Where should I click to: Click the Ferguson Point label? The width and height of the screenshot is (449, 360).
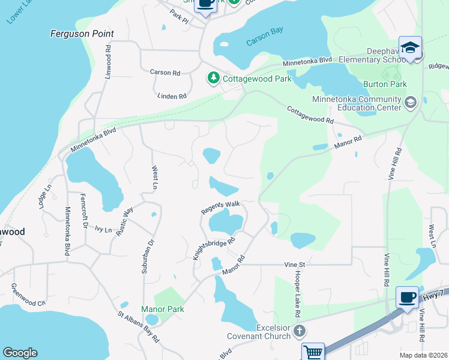[x=82, y=34]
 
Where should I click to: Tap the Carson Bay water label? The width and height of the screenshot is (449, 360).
[x=264, y=42]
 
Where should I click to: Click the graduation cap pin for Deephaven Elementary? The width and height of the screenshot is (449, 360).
[x=410, y=47]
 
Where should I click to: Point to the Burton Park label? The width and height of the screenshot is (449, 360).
[x=385, y=84]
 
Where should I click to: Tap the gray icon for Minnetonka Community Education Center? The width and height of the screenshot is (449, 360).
[x=411, y=101]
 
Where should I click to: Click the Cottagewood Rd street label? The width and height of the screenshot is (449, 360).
[x=310, y=116]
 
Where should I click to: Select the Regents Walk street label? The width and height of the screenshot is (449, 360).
[x=220, y=208]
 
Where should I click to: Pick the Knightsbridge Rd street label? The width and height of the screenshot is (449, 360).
[x=212, y=247]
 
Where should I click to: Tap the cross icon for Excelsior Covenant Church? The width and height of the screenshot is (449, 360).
[x=300, y=331]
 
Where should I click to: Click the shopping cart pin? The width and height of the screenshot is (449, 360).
[x=313, y=352]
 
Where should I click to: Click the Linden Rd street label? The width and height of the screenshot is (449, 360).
[x=172, y=96]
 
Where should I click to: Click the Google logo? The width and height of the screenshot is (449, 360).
[x=20, y=353]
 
